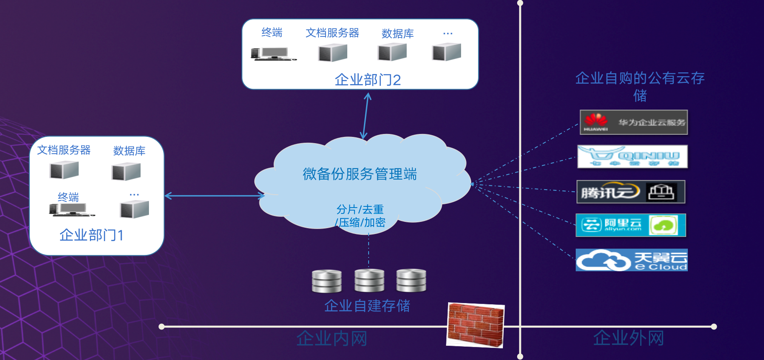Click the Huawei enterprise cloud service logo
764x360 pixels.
633,122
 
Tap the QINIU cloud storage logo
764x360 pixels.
632,157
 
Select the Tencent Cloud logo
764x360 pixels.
631,192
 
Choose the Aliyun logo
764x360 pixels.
631,225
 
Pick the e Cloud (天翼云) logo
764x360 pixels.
631,260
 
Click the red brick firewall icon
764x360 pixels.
476,325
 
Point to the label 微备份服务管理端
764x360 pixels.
360,174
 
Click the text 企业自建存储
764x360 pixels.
367,306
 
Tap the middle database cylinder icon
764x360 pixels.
369,280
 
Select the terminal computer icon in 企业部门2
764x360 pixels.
273,54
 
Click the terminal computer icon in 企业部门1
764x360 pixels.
71,209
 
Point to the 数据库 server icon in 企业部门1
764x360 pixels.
126,172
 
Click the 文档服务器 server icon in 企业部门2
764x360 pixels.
333,53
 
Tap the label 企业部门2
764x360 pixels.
367,80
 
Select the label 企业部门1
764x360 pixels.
91,235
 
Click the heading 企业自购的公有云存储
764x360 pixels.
640,86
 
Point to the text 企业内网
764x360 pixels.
332,338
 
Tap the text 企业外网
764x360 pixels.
628,338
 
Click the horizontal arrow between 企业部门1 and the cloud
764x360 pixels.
215,195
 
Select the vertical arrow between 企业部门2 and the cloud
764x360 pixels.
366,116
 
